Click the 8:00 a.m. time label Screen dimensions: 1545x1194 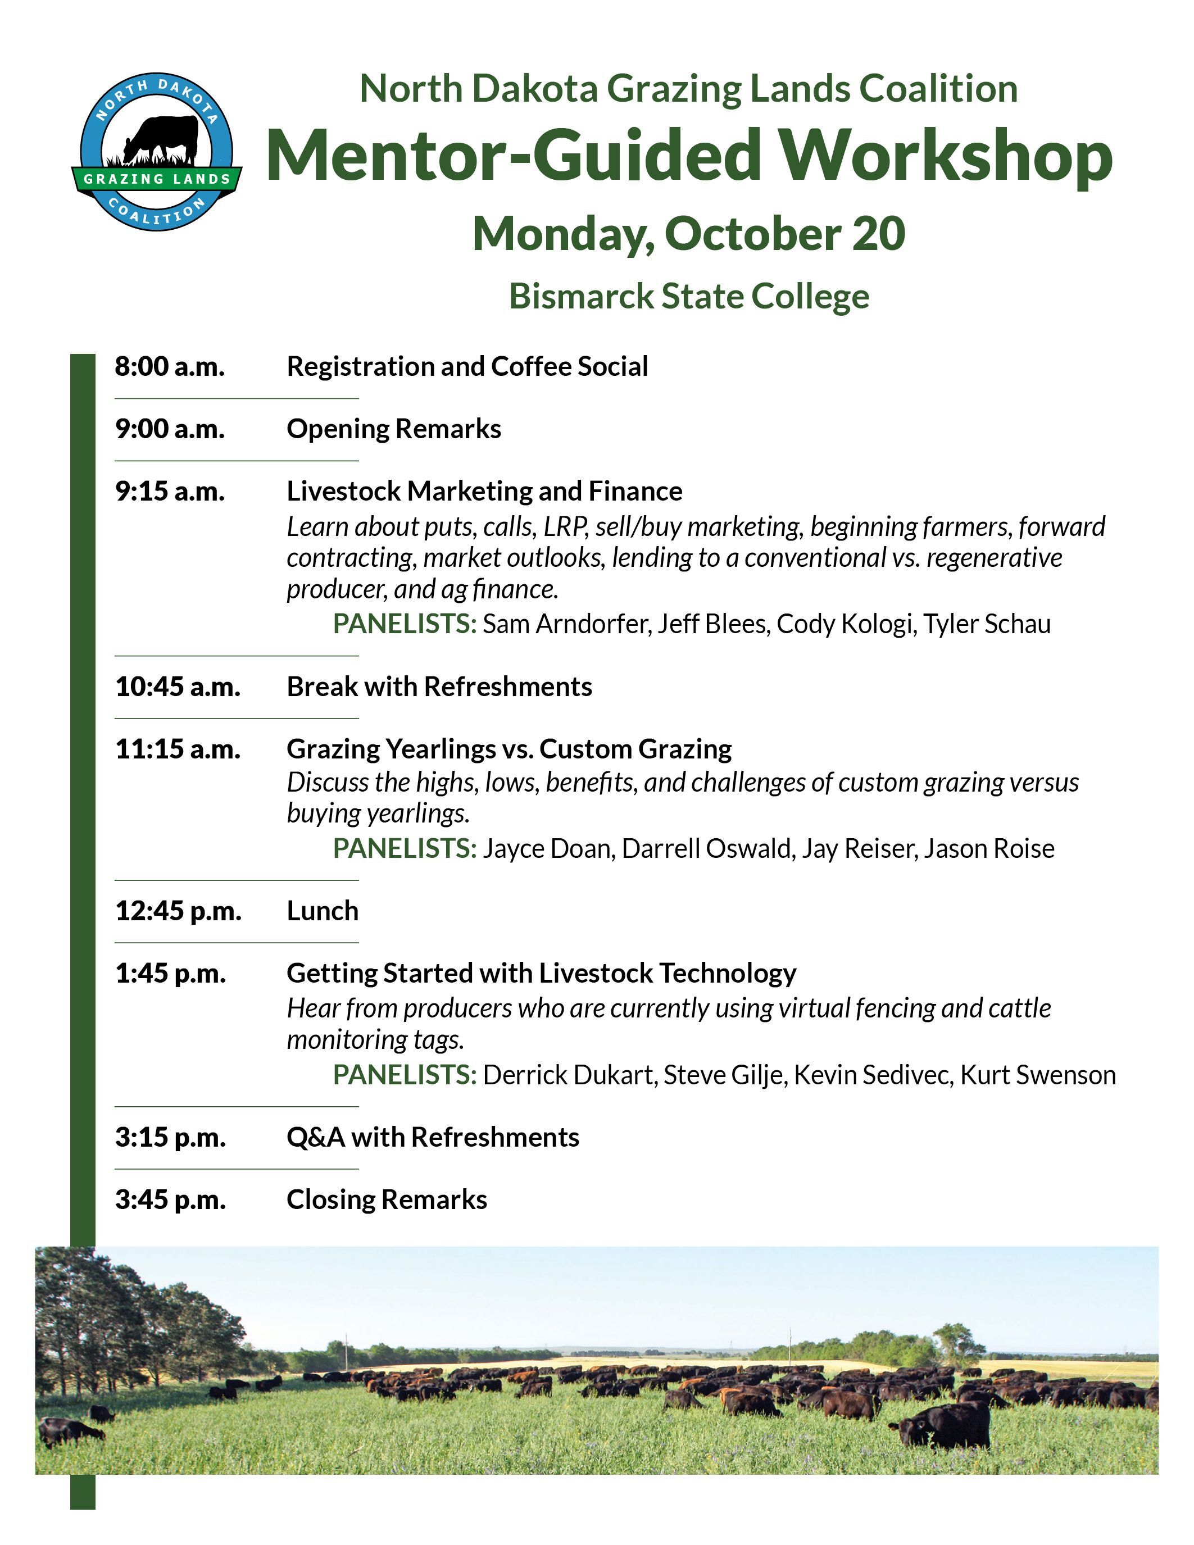170,366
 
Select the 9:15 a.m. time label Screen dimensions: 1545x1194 170,491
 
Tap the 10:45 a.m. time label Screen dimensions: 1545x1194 178,686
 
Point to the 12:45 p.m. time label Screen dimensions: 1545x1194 178,911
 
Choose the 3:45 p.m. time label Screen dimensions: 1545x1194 170,1200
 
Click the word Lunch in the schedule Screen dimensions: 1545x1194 323,911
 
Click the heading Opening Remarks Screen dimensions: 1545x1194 394,429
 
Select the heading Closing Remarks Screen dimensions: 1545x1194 387,1200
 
